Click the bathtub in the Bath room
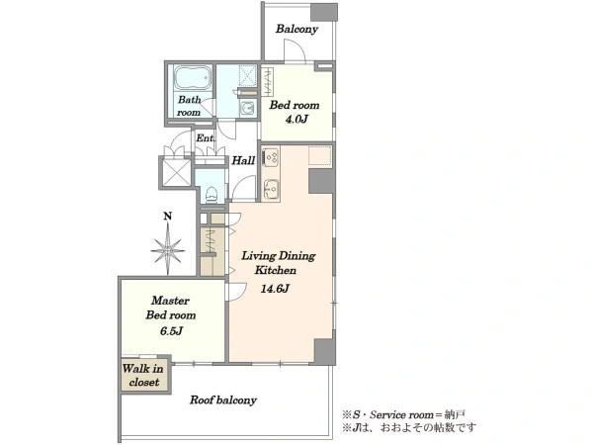point(193,78)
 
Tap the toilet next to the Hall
point(211,194)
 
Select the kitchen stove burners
point(271,156)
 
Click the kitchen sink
point(271,189)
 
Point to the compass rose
point(168,250)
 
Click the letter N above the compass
point(168,216)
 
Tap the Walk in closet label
point(143,375)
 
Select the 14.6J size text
point(275,289)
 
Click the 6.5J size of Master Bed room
point(171,331)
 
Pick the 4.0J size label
point(296,120)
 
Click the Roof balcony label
point(223,400)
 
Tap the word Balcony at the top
point(296,29)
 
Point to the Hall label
point(243,160)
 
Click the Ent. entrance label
point(205,138)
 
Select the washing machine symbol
point(248,108)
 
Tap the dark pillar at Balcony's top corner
point(324,13)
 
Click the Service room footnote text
point(403,414)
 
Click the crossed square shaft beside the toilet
point(176,173)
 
